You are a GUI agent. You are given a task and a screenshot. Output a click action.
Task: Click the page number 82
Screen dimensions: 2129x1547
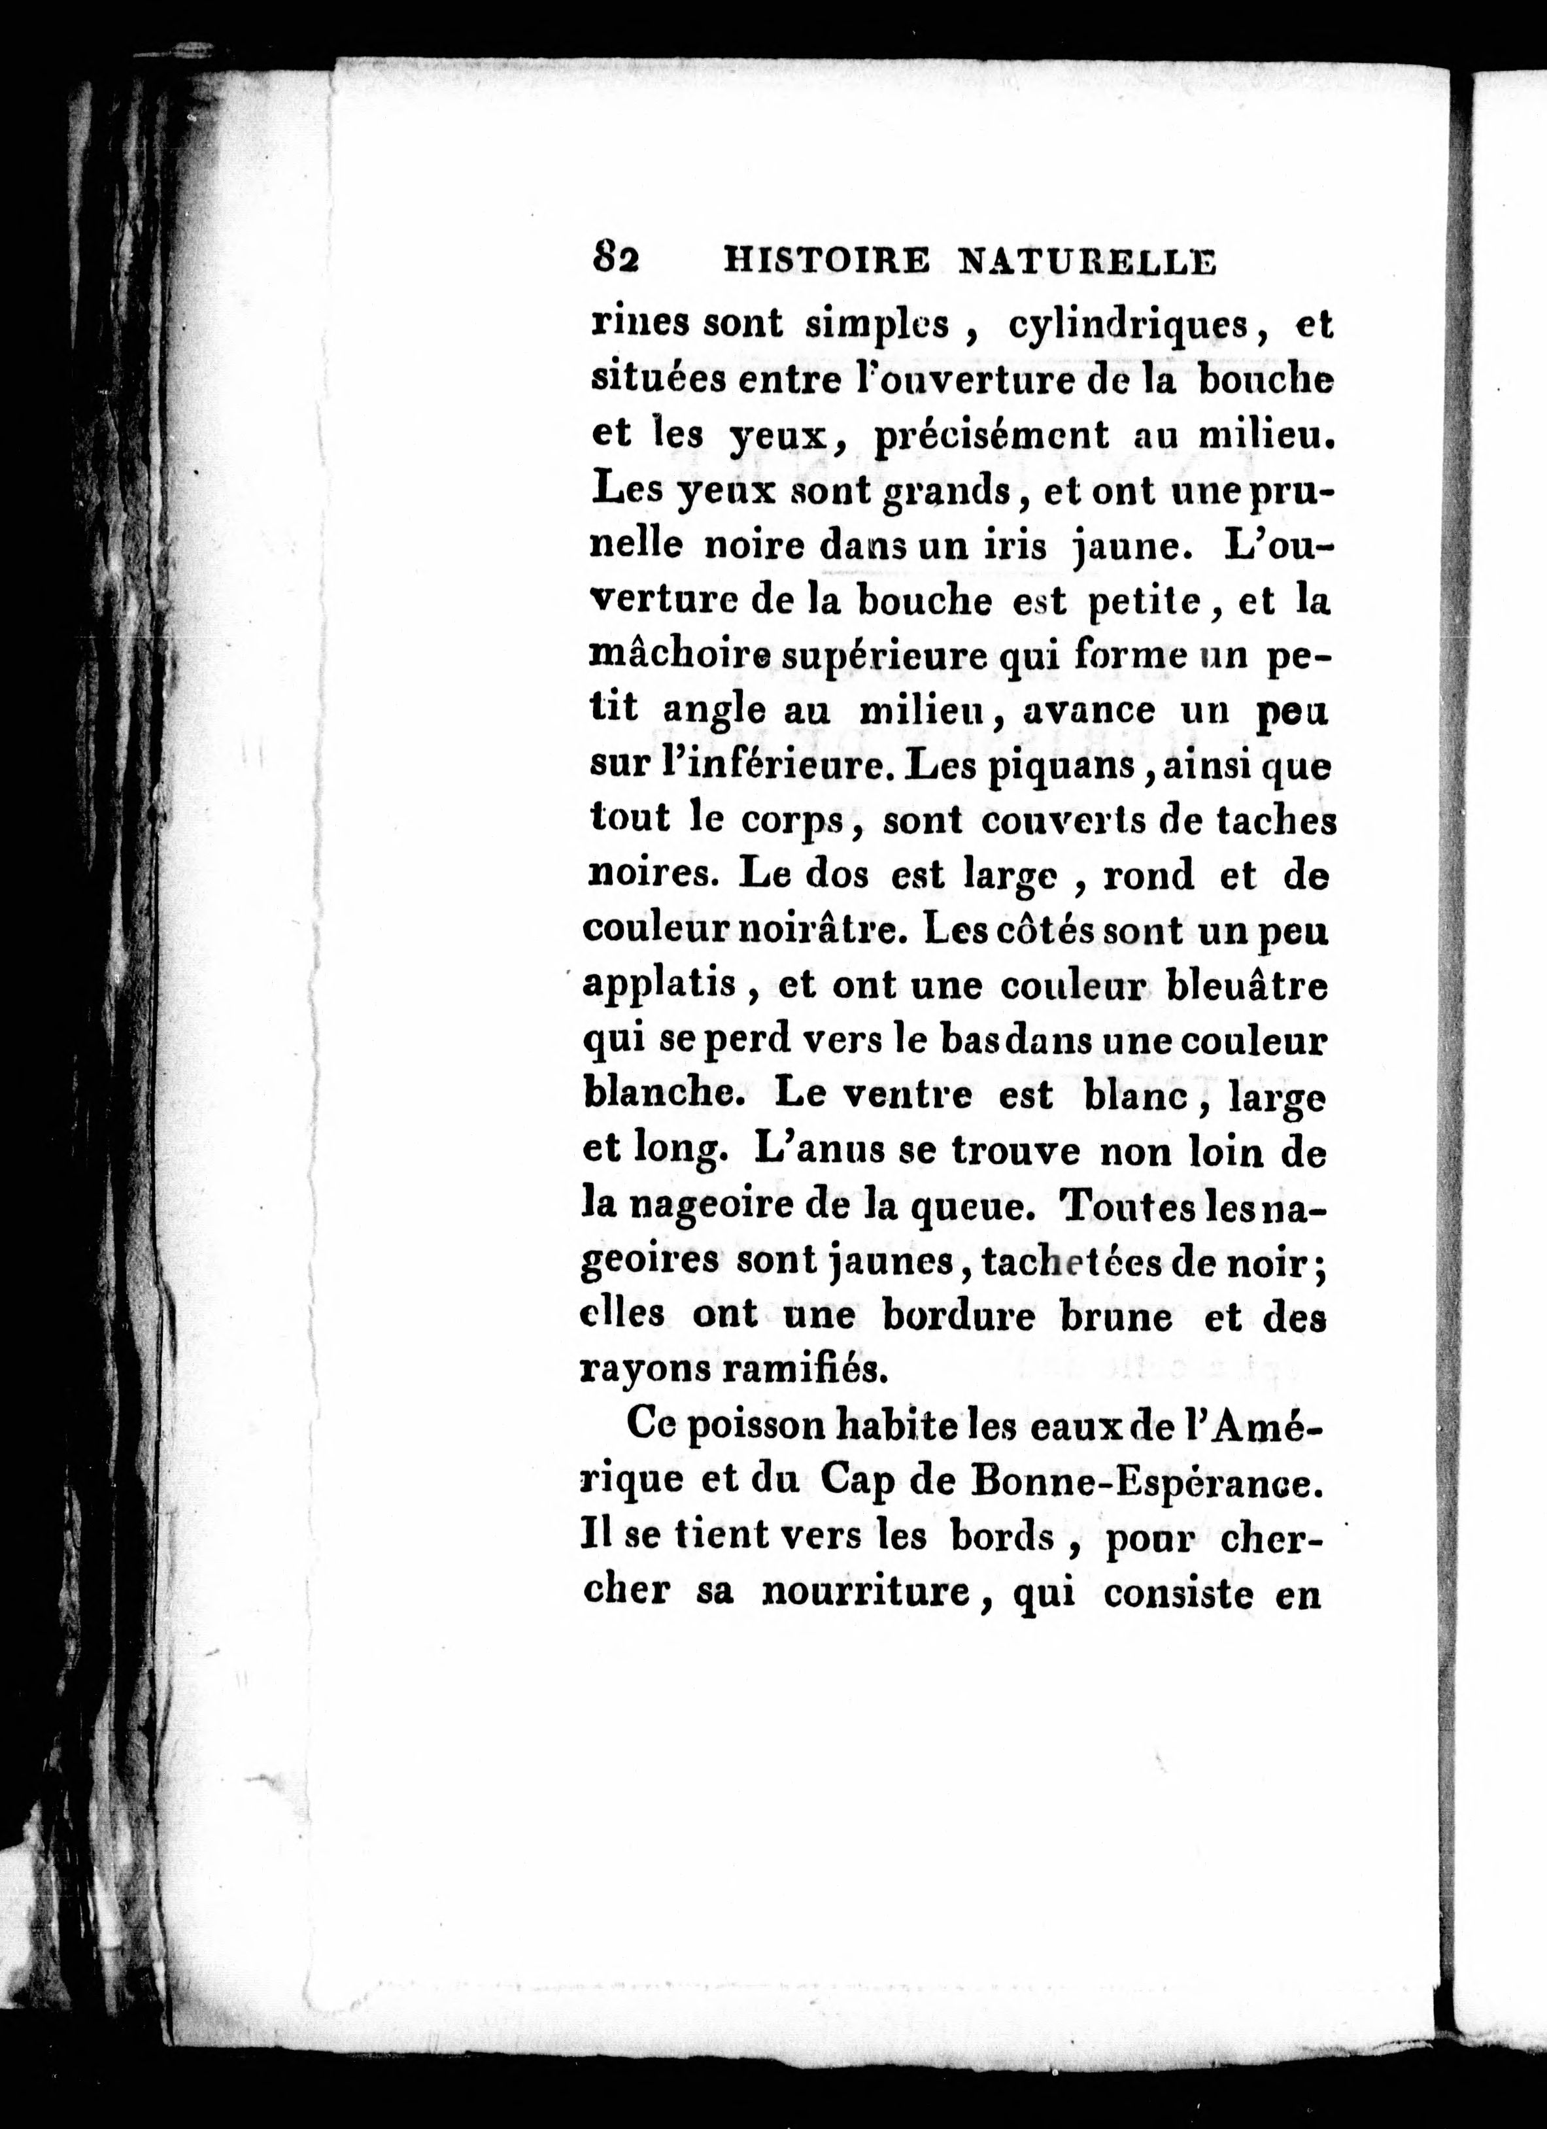pyautogui.click(x=616, y=258)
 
